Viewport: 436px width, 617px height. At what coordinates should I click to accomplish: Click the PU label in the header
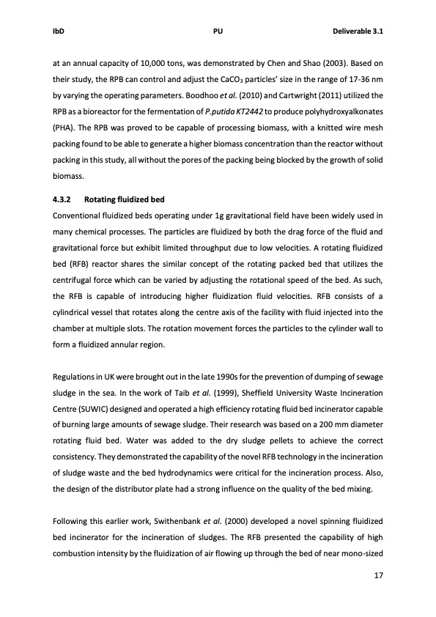click(x=218, y=32)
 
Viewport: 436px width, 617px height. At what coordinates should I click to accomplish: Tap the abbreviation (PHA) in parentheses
click(x=64, y=127)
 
